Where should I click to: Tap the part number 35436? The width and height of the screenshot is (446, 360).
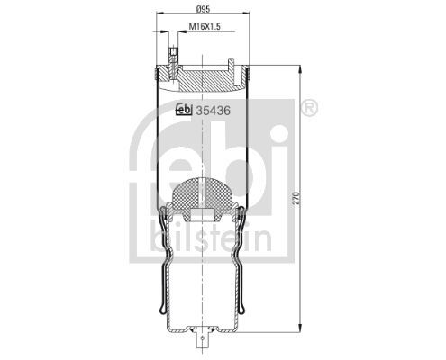pyautogui.click(x=215, y=112)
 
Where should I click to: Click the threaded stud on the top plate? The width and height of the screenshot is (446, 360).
pyautogui.click(x=171, y=63)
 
